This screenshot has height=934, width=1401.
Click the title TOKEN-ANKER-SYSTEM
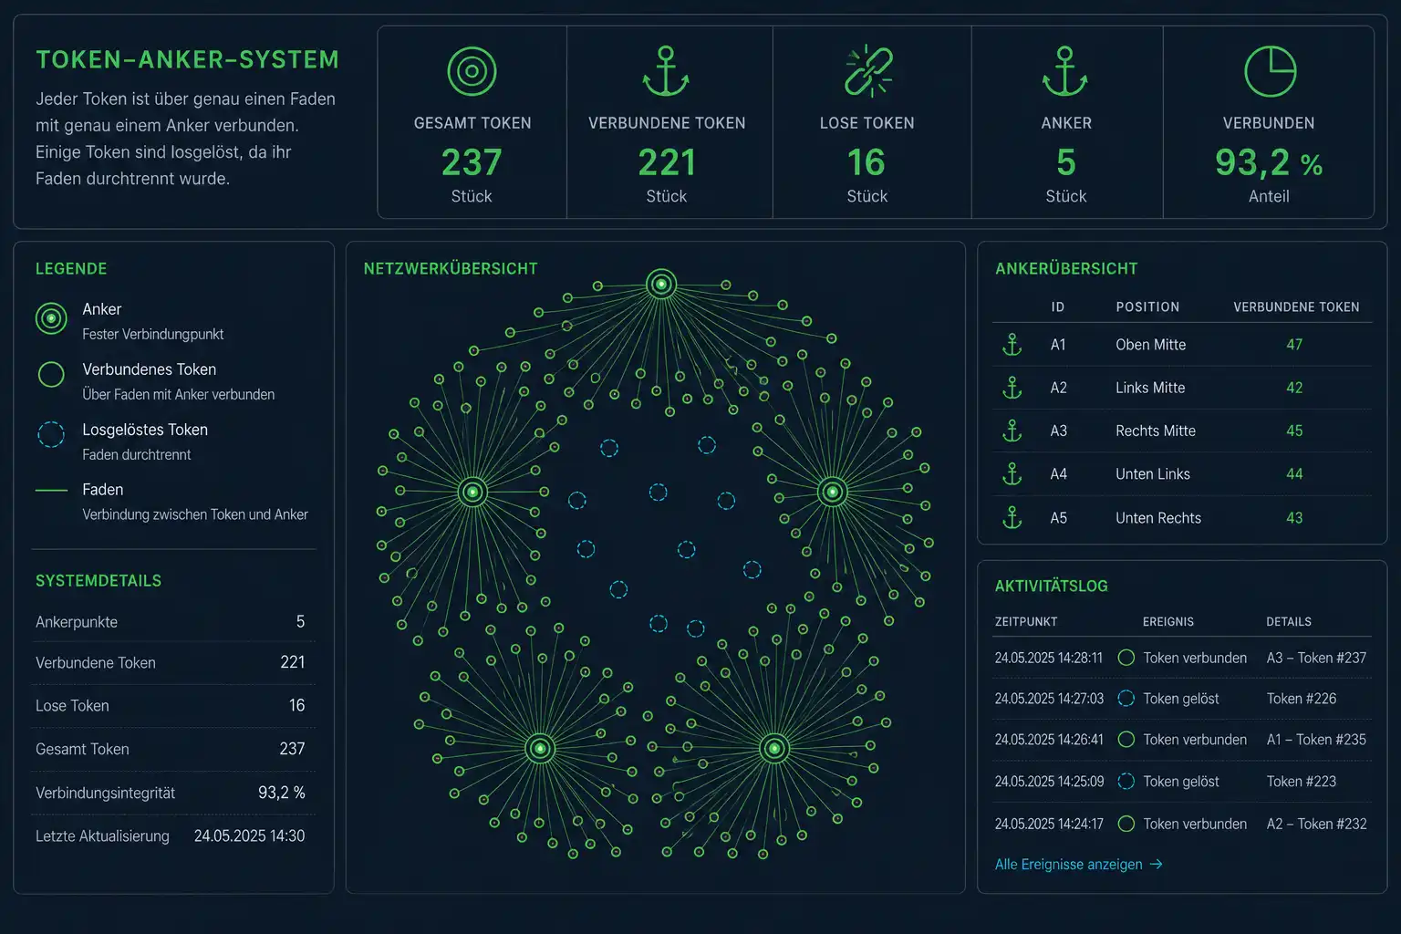(187, 60)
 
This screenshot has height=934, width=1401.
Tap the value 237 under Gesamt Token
(472, 162)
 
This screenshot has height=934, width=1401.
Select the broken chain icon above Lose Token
(868, 71)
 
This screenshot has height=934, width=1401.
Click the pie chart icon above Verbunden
(1270, 71)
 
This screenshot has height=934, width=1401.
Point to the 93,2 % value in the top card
(1269, 162)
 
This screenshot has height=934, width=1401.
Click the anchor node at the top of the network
(661, 285)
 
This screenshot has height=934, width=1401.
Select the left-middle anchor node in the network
(472, 492)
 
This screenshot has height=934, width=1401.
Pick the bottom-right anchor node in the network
(774, 748)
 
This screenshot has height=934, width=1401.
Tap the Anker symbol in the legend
(51, 318)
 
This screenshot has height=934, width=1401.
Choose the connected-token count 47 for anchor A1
(1294, 345)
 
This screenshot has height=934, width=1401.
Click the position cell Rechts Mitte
(1156, 431)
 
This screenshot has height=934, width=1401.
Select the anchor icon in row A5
(1012, 518)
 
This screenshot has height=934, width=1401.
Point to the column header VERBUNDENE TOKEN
(1296, 307)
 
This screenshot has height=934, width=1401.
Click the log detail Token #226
(1301, 699)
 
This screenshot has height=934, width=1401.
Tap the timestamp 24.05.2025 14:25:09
(1049, 782)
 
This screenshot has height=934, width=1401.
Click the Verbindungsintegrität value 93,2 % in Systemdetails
(282, 793)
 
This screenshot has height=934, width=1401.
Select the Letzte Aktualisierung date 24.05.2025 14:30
(249, 835)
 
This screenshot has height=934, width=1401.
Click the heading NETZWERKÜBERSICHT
(451, 269)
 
